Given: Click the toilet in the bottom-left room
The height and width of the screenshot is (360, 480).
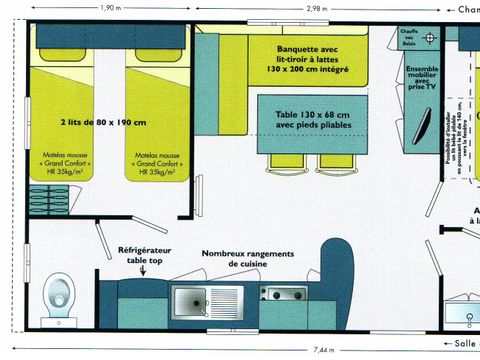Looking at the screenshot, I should pos(59,297).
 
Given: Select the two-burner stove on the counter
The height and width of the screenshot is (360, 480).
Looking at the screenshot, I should pos(284,294).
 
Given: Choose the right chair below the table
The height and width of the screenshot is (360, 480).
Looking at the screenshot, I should pos(331,161).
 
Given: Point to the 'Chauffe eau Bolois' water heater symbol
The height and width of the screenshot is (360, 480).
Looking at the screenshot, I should pos(430,37).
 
